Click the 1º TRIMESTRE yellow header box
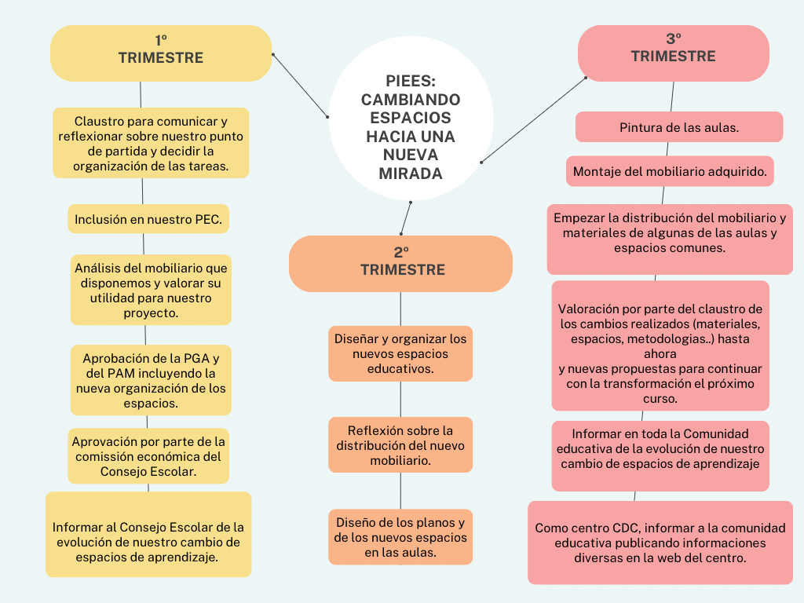coord(161,53)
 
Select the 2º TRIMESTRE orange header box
coord(400,263)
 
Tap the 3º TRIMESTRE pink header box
coord(673,53)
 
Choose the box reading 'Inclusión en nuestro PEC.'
coord(148,219)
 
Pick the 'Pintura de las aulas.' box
coord(679,127)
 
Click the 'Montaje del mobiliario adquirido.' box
coord(670,171)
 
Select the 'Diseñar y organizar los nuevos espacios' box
coord(400,353)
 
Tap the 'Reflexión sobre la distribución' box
coord(400,444)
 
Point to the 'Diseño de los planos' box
coord(400,537)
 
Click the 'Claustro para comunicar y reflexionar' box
coord(151,143)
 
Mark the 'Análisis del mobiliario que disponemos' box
coord(151,290)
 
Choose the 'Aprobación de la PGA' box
coord(151,380)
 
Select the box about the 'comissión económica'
coord(148,455)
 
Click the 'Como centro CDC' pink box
coord(660,543)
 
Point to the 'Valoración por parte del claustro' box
coord(660,345)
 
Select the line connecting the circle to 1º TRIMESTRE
coord(301,86)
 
